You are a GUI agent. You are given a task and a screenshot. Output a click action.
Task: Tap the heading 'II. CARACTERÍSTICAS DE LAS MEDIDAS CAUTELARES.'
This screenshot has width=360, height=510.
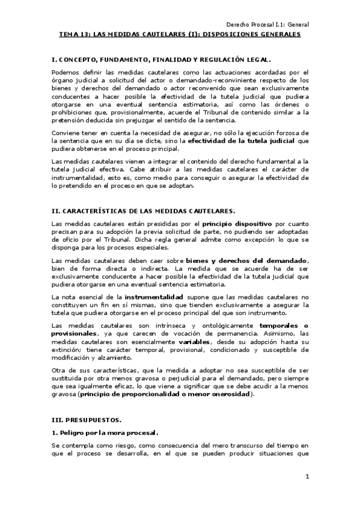[x=144, y=210]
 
